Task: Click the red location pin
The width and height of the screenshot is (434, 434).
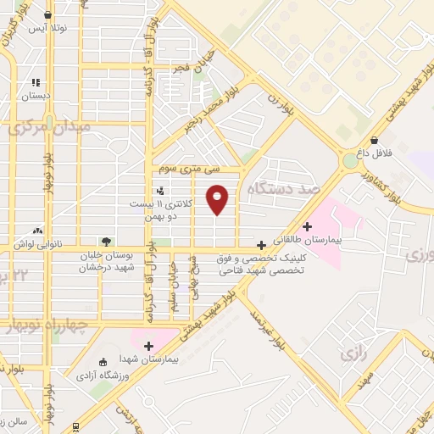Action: tap(218, 198)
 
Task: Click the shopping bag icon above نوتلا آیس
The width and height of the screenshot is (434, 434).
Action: tap(47, 14)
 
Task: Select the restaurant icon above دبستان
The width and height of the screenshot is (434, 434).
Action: tap(36, 82)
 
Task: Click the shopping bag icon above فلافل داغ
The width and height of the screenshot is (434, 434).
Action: tap(374, 141)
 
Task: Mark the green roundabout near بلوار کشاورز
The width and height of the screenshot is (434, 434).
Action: tap(350, 161)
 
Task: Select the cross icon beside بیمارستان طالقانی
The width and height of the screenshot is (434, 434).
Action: tap(306, 226)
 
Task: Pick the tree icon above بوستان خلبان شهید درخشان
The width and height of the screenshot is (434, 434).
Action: tap(106, 242)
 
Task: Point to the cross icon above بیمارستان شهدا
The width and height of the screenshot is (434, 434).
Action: tap(148, 346)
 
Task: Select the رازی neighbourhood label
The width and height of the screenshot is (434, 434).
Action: tap(352, 351)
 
